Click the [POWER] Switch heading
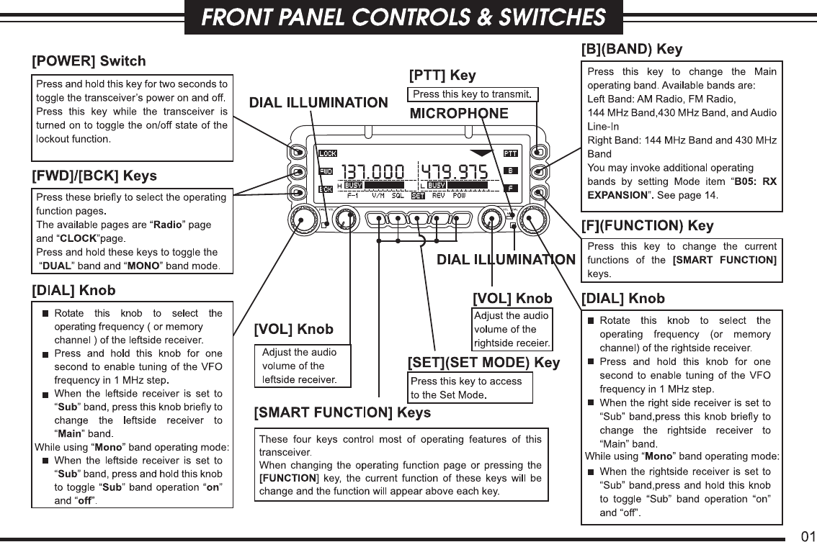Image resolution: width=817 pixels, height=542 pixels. [89, 61]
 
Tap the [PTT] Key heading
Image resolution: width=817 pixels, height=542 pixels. [442, 76]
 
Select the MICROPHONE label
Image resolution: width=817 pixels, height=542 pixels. [459, 114]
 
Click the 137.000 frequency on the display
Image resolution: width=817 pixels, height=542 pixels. [372, 172]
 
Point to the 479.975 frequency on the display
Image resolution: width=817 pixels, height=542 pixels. [454, 172]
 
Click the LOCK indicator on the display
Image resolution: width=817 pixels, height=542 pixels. [328, 153]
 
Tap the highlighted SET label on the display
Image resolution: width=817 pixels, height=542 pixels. [417, 196]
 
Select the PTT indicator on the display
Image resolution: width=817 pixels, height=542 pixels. [510, 153]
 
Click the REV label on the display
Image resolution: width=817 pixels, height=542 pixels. [437, 196]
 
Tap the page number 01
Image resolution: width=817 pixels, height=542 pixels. [808, 536]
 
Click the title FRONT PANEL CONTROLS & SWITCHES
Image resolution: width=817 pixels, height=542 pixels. [403, 17]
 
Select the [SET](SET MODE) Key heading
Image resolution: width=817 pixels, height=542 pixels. [484, 363]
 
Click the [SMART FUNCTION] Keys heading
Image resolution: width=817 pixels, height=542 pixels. [342, 412]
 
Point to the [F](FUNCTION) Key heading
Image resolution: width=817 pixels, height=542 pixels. [647, 226]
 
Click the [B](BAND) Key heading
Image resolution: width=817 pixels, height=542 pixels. [632, 50]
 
